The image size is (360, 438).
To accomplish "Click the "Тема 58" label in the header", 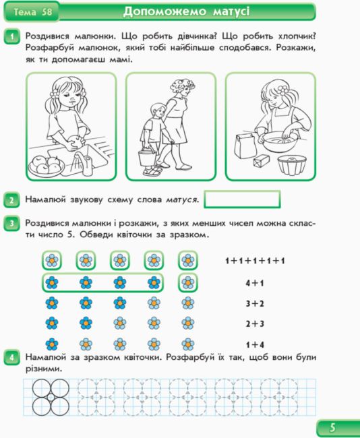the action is pyautogui.click(x=33, y=11).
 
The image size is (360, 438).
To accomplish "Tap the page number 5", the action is pyautogui.click(x=332, y=428).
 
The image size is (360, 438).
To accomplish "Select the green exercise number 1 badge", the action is pyautogui.click(x=11, y=36).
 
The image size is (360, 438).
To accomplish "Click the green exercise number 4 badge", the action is pyautogui.click(x=11, y=357).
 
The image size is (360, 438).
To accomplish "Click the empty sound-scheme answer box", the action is pyautogui.click(x=242, y=199).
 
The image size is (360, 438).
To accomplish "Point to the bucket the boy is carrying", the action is pyautogui.click(x=147, y=158).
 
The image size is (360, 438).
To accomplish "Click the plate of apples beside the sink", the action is pyautogui.click(x=46, y=166).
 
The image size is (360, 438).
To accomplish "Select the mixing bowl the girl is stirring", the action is pyautogui.click(x=280, y=142).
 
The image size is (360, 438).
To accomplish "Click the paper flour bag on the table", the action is pyautogui.click(x=246, y=146).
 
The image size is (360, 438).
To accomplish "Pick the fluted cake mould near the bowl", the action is pyautogui.click(x=292, y=165).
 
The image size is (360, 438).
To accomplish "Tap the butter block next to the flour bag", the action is pyautogui.click(x=262, y=162).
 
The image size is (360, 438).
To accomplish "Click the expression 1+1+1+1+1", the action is pyautogui.click(x=255, y=261).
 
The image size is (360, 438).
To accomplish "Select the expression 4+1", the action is pyautogui.click(x=255, y=283).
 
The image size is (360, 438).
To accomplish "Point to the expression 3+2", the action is pyautogui.click(x=255, y=304).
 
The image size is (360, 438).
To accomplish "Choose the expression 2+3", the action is pyautogui.click(x=255, y=324).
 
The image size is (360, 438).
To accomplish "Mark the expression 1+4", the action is pyautogui.click(x=255, y=345).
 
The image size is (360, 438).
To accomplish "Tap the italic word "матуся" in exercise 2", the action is pyautogui.click(x=182, y=199).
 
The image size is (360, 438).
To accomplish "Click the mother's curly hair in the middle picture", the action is pyautogui.click(x=182, y=87).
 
